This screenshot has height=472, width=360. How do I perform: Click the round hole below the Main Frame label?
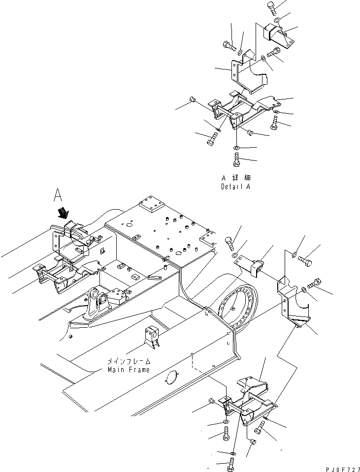coord(169,378)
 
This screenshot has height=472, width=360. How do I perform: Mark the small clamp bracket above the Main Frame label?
coord(151,339)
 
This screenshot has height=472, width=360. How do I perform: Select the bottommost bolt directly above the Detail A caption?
coord(236,160)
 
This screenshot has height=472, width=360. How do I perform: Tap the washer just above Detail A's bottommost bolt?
coord(236,148)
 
